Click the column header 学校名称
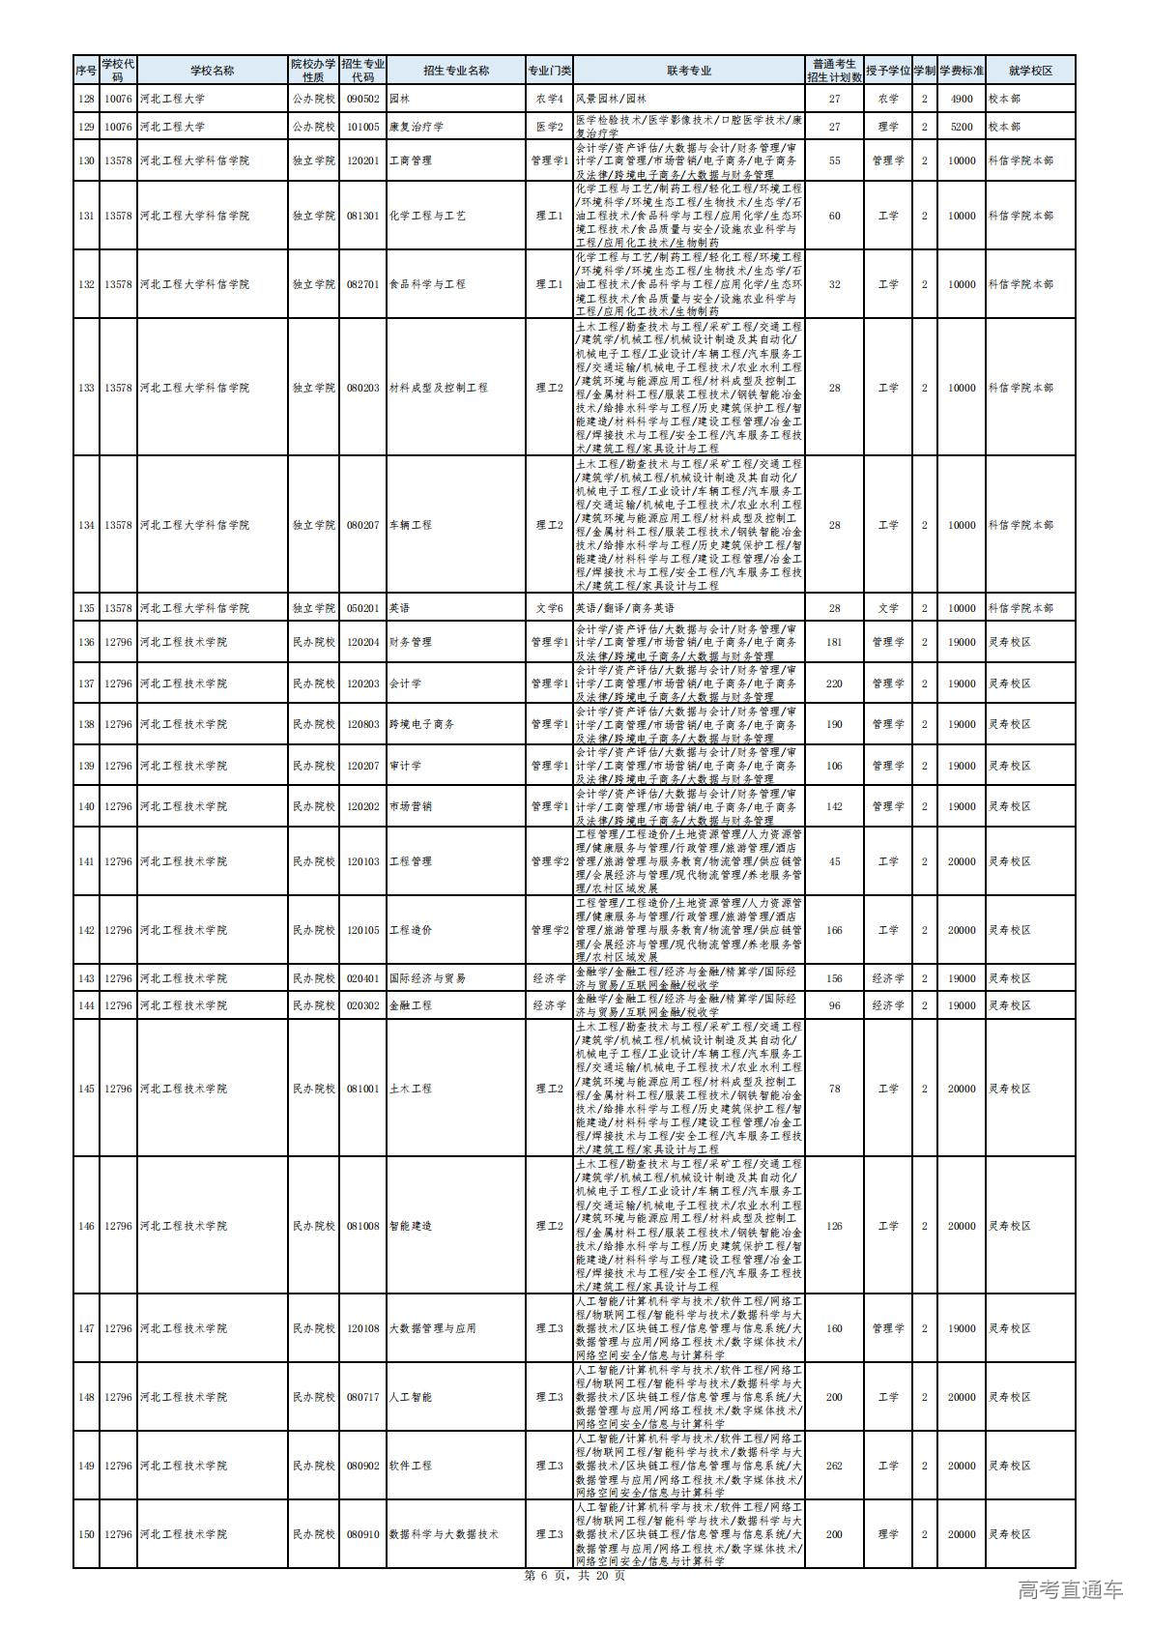212,71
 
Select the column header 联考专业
688,71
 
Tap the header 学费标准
961,71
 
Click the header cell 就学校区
1029,71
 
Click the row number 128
86,99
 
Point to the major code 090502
363,99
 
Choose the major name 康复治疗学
410,127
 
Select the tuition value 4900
961,99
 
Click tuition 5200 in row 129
961,127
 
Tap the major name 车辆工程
410,525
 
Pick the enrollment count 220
834,683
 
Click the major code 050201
363,608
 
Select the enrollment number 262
834,1466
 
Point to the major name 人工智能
410,1397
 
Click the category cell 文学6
549,608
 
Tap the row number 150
86,1534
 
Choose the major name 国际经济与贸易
427,978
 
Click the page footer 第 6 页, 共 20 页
574,1575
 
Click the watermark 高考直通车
1071,1590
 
